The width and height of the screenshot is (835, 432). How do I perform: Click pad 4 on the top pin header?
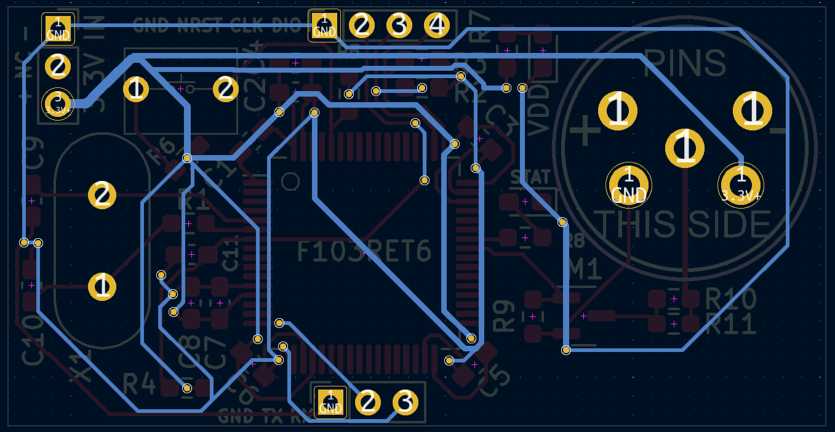click(x=437, y=26)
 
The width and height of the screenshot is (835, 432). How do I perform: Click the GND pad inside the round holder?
click(x=628, y=184)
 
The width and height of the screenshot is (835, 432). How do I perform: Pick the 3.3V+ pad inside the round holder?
click(x=741, y=184)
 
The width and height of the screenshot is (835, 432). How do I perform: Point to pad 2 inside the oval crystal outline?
click(x=102, y=195)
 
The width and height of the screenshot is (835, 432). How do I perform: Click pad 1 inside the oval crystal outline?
click(x=102, y=287)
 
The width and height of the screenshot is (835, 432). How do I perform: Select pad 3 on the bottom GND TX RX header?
click(x=405, y=402)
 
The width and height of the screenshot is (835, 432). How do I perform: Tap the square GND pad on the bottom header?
click(x=330, y=402)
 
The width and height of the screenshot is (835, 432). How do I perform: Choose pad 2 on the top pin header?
click(x=362, y=26)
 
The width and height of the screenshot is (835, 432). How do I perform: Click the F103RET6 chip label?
click(x=364, y=251)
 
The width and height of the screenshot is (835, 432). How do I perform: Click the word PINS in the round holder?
click(x=685, y=63)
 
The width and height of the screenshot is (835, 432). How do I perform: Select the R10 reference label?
click(x=731, y=299)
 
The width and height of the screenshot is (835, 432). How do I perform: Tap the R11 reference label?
click(x=731, y=324)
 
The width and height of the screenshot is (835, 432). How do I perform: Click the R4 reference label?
click(x=140, y=384)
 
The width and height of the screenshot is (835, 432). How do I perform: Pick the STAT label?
click(x=530, y=177)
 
